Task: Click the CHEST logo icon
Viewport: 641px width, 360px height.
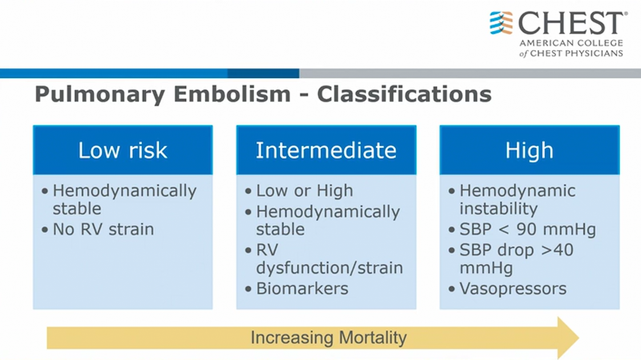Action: (501, 23)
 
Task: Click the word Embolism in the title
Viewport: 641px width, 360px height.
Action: (232, 94)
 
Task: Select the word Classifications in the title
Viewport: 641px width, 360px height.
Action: (404, 94)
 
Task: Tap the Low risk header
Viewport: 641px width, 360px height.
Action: (123, 150)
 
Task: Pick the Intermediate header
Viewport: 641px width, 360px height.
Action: (326, 150)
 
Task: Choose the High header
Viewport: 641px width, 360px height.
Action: (529, 150)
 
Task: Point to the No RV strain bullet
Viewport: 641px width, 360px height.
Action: (103, 229)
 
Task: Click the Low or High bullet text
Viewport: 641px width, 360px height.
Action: (305, 191)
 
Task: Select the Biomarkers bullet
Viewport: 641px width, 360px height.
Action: (302, 289)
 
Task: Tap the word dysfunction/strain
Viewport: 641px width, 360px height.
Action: (329, 268)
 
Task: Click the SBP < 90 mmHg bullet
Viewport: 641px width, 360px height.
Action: (527, 230)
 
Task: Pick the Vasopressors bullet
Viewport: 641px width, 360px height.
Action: (513, 289)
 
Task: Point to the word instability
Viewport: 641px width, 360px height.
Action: (499, 209)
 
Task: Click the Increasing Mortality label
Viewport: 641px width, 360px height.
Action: (329, 338)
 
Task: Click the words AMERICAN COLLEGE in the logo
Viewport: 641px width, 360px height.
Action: (571, 43)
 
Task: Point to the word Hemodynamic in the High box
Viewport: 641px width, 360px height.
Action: (518, 191)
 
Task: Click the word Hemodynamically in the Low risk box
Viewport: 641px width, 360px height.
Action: (124, 191)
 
